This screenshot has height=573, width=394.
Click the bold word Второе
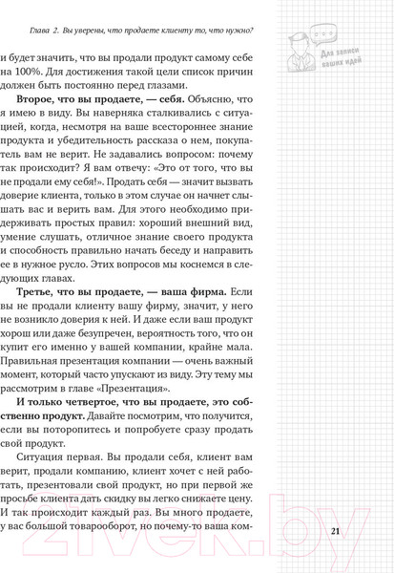[52, 123]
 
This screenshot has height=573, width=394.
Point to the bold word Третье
[52, 290]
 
